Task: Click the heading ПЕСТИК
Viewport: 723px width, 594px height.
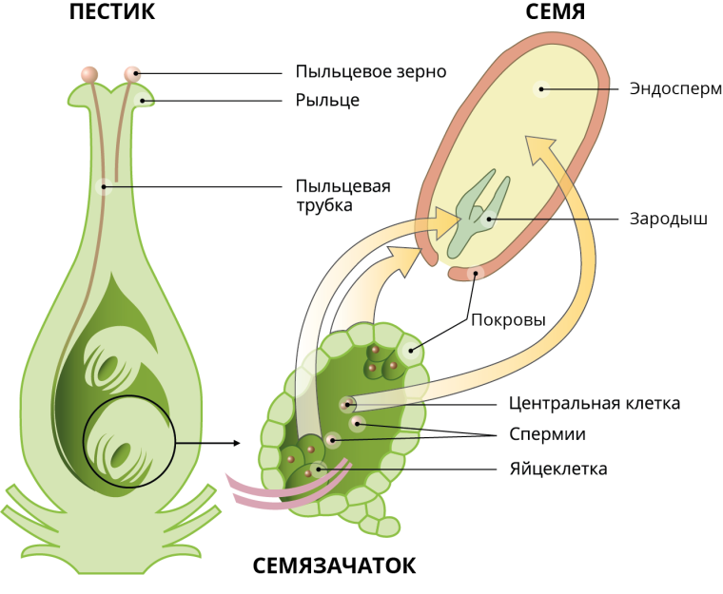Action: click(112, 13)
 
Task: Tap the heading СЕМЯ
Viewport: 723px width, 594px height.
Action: click(556, 13)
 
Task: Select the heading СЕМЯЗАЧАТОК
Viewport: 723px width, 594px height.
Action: click(334, 565)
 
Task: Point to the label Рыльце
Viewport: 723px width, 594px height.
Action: click(327, 100)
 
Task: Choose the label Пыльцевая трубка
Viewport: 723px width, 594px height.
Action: click(342, 195)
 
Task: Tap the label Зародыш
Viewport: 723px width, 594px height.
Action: click(668, 218)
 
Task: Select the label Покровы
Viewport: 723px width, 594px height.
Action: click(508, 320)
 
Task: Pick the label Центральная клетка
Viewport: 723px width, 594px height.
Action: click(595, 403)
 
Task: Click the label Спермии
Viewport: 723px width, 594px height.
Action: click(547, 434)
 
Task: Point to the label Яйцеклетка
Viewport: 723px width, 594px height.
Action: click(558, 469)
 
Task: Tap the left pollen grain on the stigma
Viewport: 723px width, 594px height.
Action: click(89, 73)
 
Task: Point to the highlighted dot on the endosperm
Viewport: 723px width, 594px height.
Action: click(540, 89)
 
